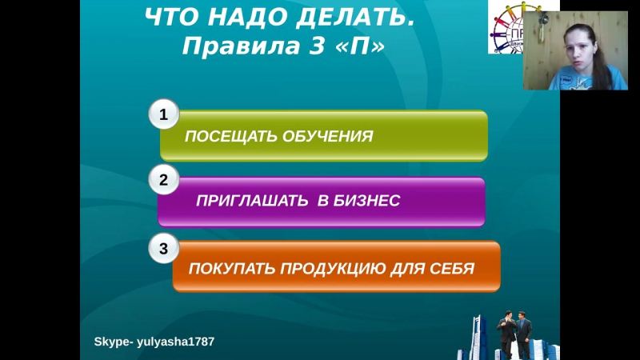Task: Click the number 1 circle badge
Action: [164, 115]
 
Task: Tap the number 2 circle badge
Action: [164, 180]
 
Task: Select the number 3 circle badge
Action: [164, 249]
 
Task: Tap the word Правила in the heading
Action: [230, 46]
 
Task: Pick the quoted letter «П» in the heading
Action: [362, 46]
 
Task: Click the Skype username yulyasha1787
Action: [176, 342]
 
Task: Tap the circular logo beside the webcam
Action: [506, 28]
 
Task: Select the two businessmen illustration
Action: [515, 334]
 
